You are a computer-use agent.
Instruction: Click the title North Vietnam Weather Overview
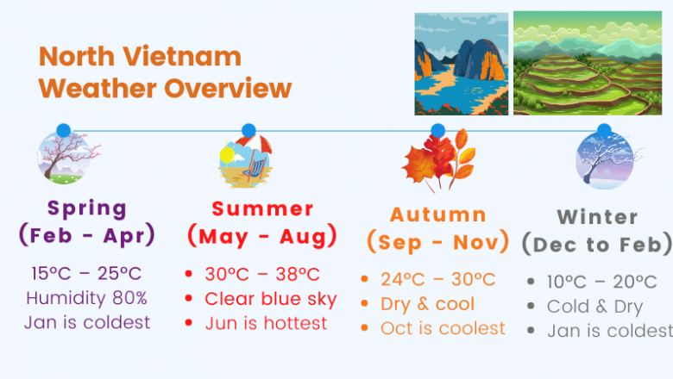165,72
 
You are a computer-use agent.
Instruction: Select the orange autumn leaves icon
439,161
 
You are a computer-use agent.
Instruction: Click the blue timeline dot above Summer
248,130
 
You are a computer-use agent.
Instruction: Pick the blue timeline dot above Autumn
437,131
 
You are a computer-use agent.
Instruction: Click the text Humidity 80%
86,298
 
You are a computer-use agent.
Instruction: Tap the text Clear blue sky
270,299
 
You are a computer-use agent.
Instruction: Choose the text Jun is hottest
266,323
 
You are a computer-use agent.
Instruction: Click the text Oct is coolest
443,328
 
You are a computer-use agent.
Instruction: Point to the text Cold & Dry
594,307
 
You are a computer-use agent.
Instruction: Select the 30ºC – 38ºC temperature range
261,275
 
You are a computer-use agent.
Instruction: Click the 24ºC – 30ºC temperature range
437,280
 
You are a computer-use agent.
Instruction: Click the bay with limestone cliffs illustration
460,64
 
